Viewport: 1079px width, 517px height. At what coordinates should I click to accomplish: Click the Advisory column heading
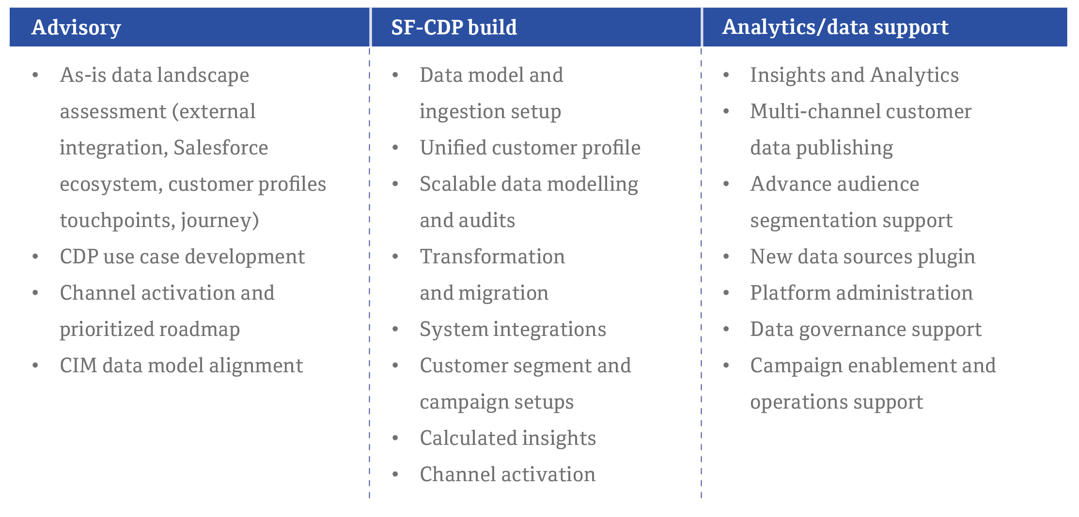(x=76, y=28)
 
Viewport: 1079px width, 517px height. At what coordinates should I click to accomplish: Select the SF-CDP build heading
(x=454, y=27)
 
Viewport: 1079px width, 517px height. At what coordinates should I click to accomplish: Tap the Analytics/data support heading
(x=835, y=28)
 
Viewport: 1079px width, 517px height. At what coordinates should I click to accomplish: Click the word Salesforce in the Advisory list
(x=220, y=148)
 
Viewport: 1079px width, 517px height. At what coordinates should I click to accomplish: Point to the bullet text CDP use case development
(x=182, y=257)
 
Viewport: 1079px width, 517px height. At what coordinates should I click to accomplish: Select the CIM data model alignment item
(x=181, y=365)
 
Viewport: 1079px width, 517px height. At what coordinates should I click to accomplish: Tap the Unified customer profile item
(x=530, y=148)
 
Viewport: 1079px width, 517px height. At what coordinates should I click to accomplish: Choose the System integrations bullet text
(x=513, y=330)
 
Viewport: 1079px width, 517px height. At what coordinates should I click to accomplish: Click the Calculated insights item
(x=508, y=439)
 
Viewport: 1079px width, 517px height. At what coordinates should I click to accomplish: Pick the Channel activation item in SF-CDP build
(x=507, y=474)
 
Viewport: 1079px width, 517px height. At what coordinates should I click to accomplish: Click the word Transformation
(x=492, y=257)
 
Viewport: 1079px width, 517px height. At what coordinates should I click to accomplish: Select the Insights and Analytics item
(x=854, y=76)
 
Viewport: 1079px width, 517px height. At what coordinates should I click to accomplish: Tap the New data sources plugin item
(x=862, y=257)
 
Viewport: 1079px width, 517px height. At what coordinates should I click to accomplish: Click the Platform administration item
(x=861, y=293)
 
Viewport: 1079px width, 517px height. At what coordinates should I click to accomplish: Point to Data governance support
(x=866, y=330)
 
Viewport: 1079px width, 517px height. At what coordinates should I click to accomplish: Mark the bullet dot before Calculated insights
(x=395, y=438)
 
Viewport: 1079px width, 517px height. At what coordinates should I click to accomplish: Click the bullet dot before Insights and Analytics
(x=726, y=75)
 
